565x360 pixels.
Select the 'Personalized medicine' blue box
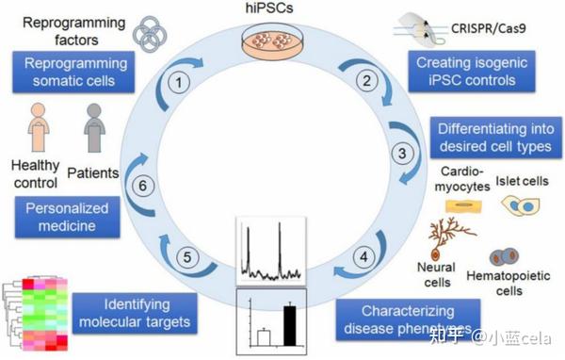[68, 217]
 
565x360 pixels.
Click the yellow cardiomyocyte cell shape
[462, 204]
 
